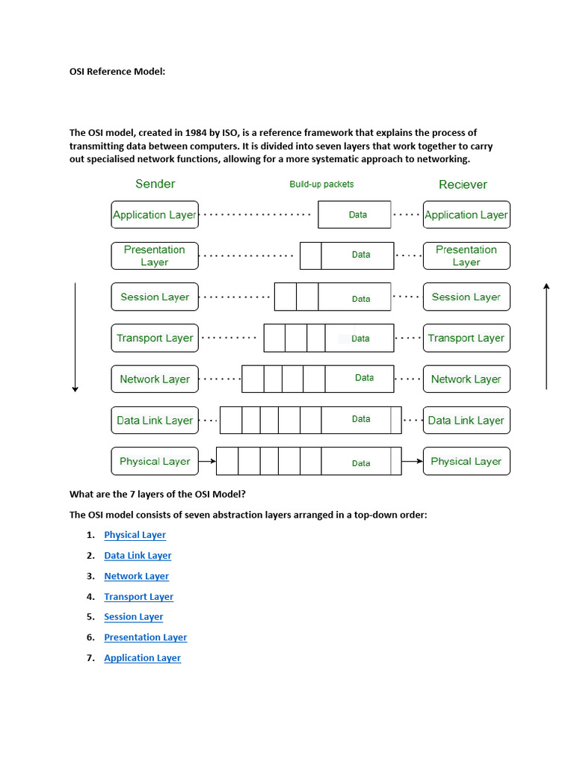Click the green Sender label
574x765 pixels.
point(155,184)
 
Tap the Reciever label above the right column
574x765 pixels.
point(463,185)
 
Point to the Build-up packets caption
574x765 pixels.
point(321,184)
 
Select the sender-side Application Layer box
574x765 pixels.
point(155,214)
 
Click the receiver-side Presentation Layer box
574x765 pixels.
point(466,255)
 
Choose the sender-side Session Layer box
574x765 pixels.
point(155,297)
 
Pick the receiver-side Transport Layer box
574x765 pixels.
point(466,338)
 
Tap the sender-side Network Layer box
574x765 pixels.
point(155,379)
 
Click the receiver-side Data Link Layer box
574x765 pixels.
point(466,420)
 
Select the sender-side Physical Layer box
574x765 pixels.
point(155,461)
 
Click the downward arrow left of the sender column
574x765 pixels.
point(75,336)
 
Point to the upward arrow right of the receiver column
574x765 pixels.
point(547,336)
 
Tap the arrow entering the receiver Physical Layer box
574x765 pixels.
point(412,462)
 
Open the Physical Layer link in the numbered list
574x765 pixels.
point(135,535)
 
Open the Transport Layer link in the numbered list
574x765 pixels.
point(138,597)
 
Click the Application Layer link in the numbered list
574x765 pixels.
point(142,658)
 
